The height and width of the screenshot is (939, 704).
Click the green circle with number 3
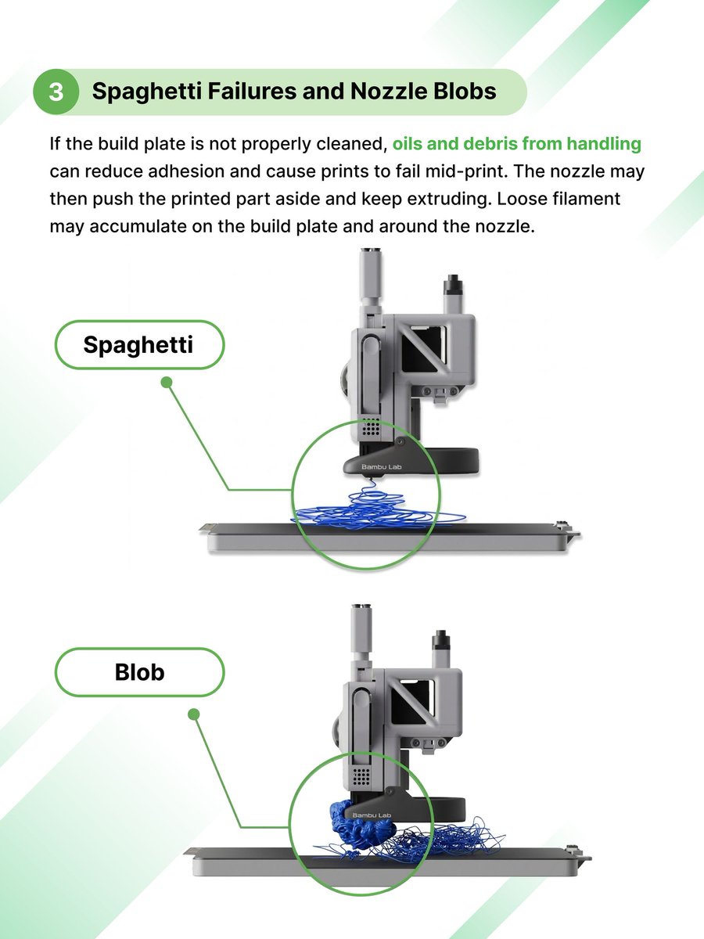pyautogui.click(x=56, y=92)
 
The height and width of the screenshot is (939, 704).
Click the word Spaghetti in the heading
pyautogui.click(x=138, y=92)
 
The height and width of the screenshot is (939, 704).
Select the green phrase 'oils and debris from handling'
pyautogui.click(x=516, y=144)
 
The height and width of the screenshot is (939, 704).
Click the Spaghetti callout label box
pyautogui.click(x=138, y=344)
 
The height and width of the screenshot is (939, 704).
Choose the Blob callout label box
pyautogui.click(x=138, y=672)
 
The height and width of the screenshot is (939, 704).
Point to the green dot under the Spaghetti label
pyautogui.click(x=166, y=383)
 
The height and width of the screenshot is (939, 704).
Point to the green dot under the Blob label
pyautogui.click(x=194, y=714)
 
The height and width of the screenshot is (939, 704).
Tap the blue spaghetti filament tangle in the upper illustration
pyautogui.click(x=368, y=513)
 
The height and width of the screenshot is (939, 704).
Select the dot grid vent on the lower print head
pyautogui.click(x=361, y=776)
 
